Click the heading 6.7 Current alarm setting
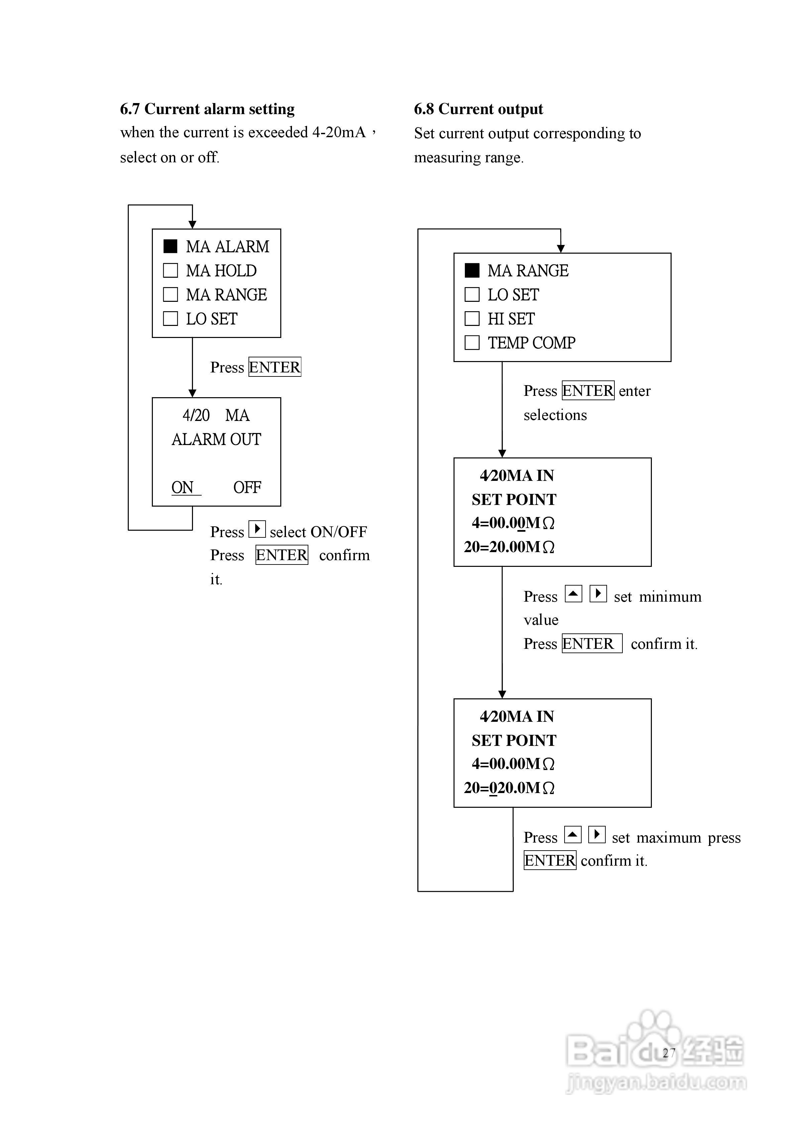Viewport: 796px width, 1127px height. (x=207, y=109)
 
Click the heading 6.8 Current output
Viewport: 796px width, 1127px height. (x=479, y=109)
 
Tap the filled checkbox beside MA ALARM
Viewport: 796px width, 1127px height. (x=170, y=246)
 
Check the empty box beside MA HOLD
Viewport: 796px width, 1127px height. (x=170, y=270)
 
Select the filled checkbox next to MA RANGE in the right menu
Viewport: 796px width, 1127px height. (x=472, y=270)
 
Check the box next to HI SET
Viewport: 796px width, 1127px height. (x=472, y=318)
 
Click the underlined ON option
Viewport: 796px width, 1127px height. (x=183, y=488)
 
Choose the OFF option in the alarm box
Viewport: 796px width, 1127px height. (x=247, y=488)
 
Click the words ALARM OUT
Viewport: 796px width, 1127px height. (x=216, y=439)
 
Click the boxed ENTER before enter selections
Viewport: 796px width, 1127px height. (x=588, y=391)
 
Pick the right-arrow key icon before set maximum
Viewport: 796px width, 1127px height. (x=597, y=835)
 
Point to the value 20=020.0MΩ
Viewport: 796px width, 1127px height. (x=509, y=788)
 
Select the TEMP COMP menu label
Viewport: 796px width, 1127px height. (x=531, y=343)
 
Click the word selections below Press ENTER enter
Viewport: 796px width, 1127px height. (x=555, y=415)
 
